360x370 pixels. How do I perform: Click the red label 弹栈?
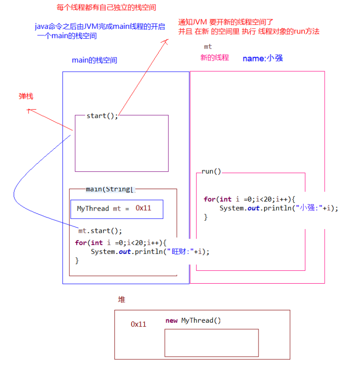click(x=26, y=96)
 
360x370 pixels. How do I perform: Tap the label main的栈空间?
click(x=94, y=60)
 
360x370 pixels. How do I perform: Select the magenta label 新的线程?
click(x=214, y=57)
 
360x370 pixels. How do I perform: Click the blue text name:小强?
click(x=263, y=58)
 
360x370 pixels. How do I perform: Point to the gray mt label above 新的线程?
click(x=208, y=46)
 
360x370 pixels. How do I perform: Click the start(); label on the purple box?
click(x=102, y=116)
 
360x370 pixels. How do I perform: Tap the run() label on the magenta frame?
click(x=211, y=171)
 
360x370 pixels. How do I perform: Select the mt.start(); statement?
click(x=101, y=230)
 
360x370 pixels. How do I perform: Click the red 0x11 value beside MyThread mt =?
click(x=143, y=208)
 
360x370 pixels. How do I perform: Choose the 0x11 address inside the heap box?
click(x=138, y=324)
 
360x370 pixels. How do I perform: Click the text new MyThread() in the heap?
click(x=193, y=320)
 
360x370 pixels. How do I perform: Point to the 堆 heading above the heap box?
click(x=122, y=300)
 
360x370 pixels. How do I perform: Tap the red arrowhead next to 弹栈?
click(x=30, y=110)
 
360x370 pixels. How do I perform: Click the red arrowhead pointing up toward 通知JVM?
click(x=166, y=42)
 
